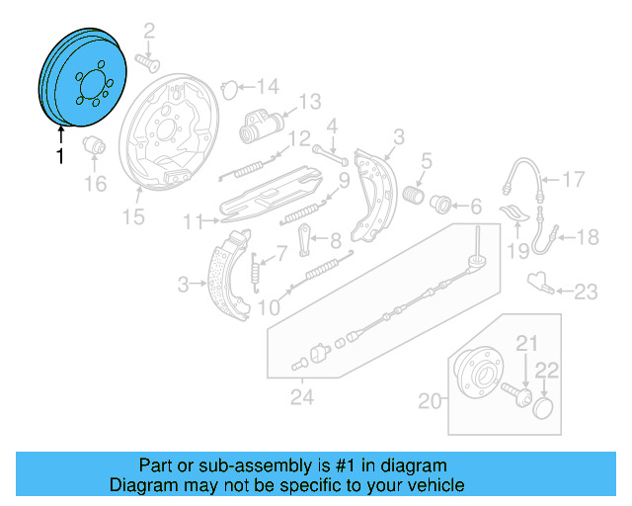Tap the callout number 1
point(60,156)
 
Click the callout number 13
point(309,101)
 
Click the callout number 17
point(574,179)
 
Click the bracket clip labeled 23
point(539,283)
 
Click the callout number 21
point(525,343)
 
